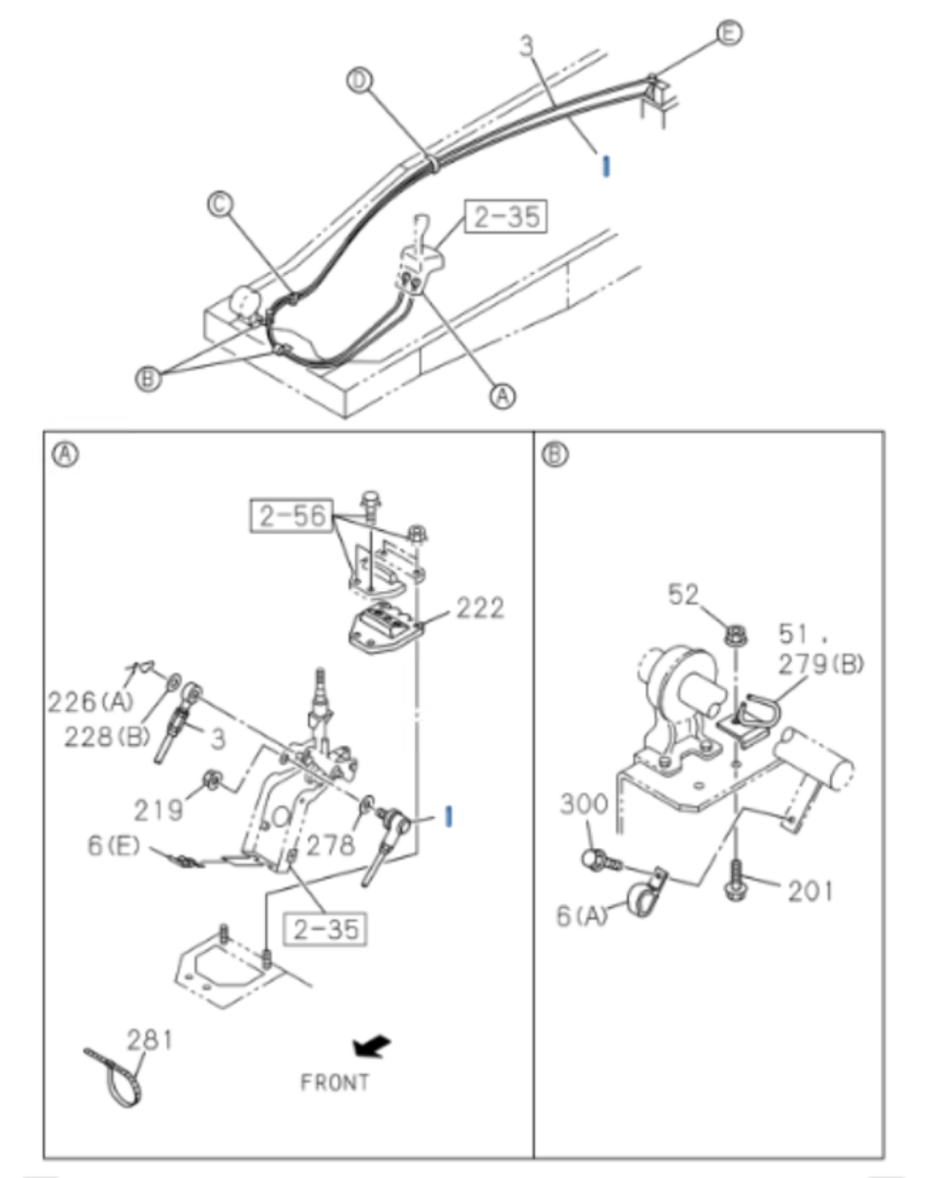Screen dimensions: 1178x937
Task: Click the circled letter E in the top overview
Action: coord(728,33)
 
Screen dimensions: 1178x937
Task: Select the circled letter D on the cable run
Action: coord(361,81)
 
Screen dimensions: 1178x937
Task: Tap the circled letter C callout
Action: coord(220,204)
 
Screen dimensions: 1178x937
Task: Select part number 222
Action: coord(479,609)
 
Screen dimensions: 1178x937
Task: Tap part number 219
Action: coord(159,810)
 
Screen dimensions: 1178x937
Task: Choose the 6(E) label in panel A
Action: coord(114,845)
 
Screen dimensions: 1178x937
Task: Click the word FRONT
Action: coord(335,1083)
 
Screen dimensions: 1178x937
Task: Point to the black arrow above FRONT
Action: coord(371,1047)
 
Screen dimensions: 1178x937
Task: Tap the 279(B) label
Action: coord(821,664)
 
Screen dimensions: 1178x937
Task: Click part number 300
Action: coord(585,805)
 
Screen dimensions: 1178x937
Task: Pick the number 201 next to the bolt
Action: coord(809,890)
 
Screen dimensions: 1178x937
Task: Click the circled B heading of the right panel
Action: coord(555,455)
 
